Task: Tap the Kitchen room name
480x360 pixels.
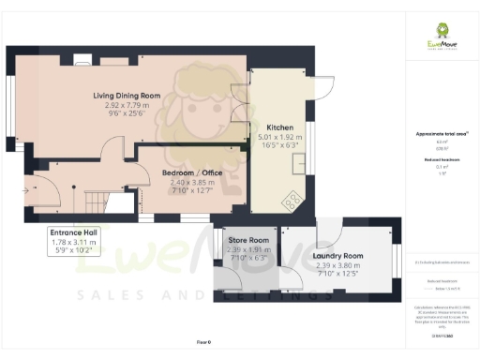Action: (x=281, y=127)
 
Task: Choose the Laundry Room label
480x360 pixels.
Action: (x=339, y=255)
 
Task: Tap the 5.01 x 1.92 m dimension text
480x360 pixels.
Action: (x=281, y=137)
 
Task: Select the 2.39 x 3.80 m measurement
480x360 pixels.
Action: (x=339, y=265)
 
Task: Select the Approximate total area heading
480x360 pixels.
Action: (x=441, y=134)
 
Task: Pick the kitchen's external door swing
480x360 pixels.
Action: (x=324, y=88)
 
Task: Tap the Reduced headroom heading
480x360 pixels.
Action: (x=441, y=160)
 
